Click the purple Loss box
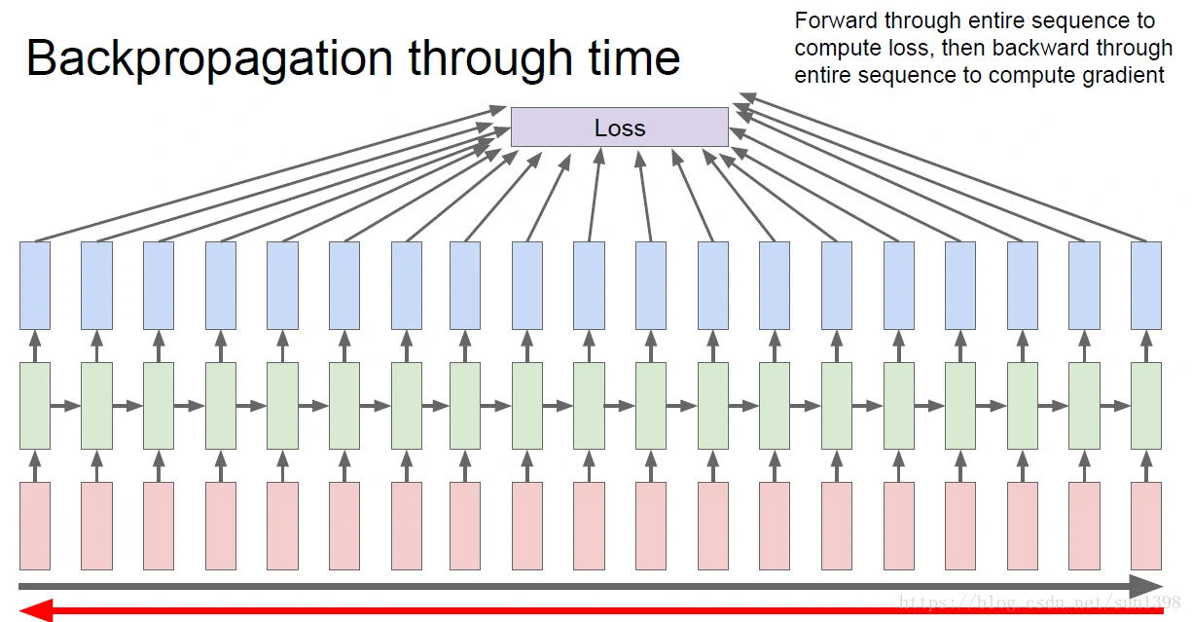(x=619, y=128)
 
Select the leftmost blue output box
(x=35, y=285)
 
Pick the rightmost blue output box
(x=1146, y=285)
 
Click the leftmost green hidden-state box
(x=35, y=406)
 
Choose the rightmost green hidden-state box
(x=1146, y=406)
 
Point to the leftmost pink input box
(x=35, y=526)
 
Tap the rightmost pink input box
(x=1146, y=526)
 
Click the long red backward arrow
(x=584, y=611)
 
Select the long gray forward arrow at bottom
(x=584, y=586)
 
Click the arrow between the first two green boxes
(x=65, y=406)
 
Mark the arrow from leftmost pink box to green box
(x=35, y=465)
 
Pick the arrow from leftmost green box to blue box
(x=35, y=346)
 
